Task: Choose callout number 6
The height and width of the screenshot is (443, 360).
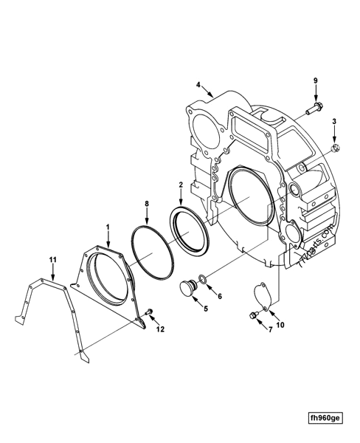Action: point(219,295)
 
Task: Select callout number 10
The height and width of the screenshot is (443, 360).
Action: point(280,324)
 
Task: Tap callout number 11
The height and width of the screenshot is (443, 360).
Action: point(52,260)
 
